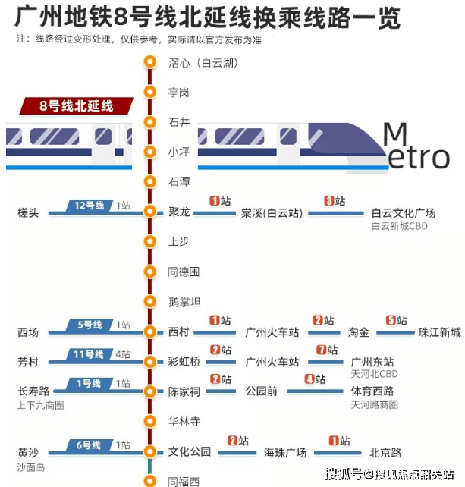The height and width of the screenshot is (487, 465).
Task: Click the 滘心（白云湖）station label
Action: (203, 63)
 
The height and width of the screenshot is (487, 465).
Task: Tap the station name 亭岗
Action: (178, 93)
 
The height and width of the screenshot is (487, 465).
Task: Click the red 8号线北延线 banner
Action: (76, 106)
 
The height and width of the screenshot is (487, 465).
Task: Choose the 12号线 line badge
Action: (89, 206)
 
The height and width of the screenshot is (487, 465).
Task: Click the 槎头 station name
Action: (28, 213)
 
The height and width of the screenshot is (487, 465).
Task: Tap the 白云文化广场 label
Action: (404, 213)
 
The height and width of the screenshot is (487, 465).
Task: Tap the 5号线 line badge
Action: (89, 325)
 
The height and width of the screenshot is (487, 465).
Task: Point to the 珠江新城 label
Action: (439, 332)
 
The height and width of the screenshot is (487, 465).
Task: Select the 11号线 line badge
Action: (89, 354)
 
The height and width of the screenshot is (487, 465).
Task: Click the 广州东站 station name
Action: (372, 362)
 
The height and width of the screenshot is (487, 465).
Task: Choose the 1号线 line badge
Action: (89, 384)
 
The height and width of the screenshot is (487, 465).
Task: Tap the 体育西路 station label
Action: (372, 391)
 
